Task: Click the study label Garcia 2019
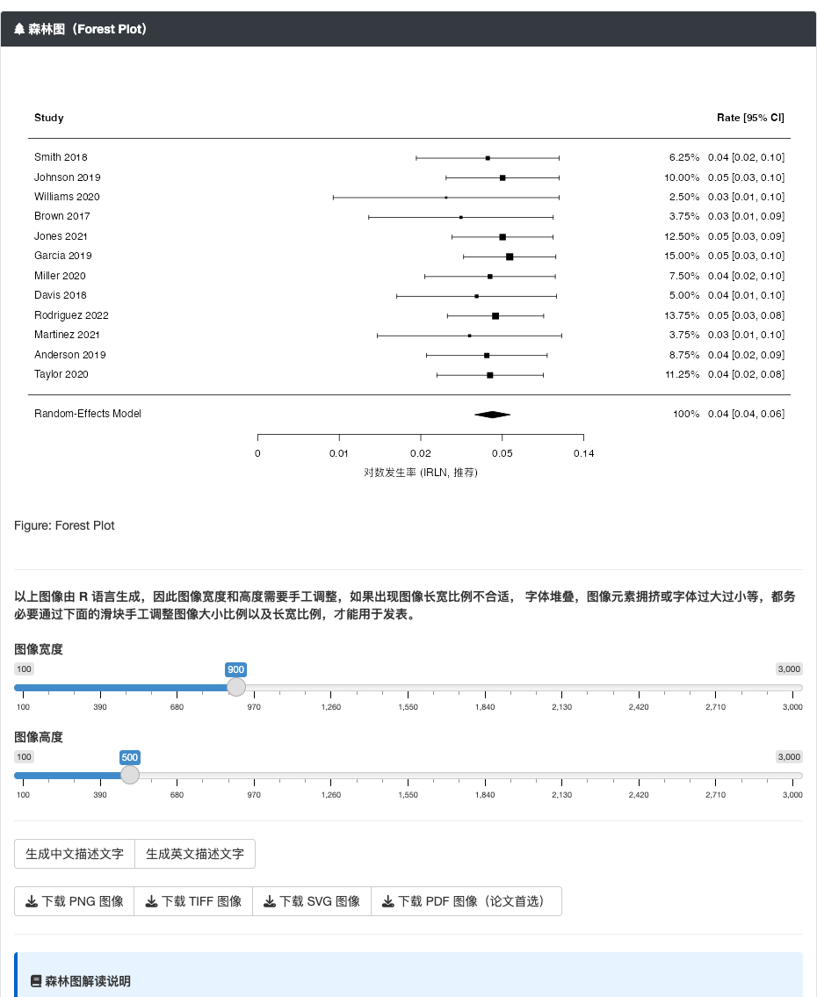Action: point(63,256)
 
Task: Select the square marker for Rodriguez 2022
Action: point(495,316)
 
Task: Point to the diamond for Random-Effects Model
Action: point(492,415)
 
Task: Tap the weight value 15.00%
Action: point(682,256)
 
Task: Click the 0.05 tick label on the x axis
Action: point(502,453)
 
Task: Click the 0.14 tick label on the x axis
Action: point(583,453)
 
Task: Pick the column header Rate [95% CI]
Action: point(750,118)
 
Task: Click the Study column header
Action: point(49,118)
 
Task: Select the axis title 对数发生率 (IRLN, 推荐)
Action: point(420,473)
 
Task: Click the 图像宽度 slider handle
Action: point(236,687)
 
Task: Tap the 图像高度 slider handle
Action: point(130,775)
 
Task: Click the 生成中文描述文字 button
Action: point(75,854)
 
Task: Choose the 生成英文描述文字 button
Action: point(195,854)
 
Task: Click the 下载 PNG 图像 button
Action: point(75,901)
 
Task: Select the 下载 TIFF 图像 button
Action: point(193,901)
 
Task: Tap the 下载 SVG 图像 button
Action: point(312,901)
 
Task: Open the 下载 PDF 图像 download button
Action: point(466,901)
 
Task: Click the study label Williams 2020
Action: point(67,197)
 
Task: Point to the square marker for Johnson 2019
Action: point(502,178)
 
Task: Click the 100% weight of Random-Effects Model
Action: point(686,414)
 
